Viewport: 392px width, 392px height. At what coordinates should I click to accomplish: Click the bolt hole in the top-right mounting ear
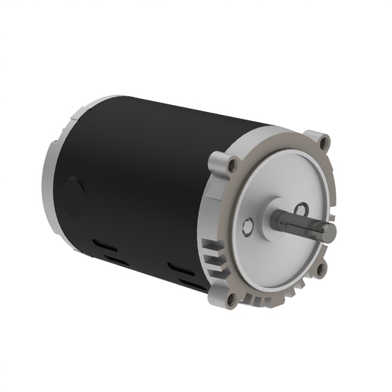pos(324,142)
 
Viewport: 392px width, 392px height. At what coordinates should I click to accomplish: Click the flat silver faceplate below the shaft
pos(278,259)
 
